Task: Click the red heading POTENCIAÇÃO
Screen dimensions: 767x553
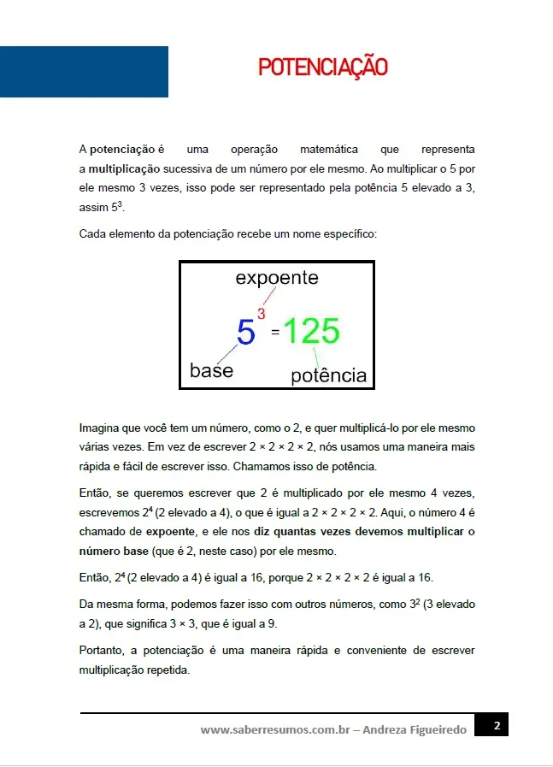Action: point(323,68)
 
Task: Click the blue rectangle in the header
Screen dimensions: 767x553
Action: point(84,72)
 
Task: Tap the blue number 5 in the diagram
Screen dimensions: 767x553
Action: point(246,332)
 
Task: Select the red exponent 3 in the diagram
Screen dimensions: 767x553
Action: point(262,314)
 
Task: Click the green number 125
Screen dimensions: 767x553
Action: point(311,331)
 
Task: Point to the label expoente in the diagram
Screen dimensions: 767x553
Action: point(276,278)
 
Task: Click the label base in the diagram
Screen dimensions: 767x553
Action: point(211,371)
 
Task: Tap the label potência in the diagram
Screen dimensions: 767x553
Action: point(328,375)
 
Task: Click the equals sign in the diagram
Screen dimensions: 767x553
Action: point(275,333)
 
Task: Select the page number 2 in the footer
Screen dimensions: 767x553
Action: point(497,726)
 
